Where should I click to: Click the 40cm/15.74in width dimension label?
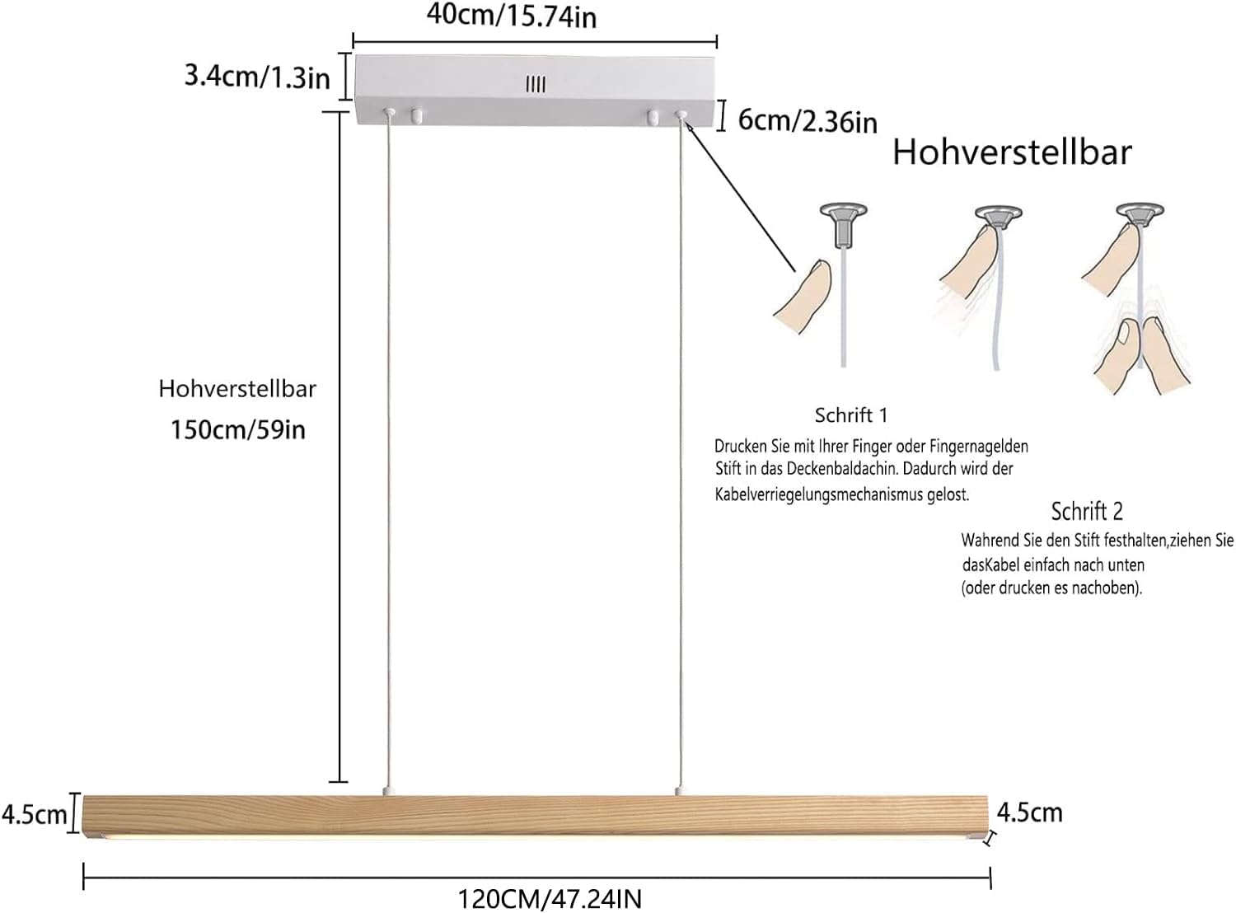(511, 16)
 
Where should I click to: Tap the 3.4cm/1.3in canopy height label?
(257, 77)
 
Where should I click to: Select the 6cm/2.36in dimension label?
(808, 120)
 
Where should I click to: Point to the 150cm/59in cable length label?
(238, 430)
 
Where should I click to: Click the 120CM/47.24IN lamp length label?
(550, 898)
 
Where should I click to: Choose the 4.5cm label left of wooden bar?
(34, 815)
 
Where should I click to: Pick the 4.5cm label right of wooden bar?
(1030, 812)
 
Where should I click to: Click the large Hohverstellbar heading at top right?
(1012, 152)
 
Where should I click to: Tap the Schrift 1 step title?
(851, 415)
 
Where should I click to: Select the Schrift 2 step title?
(1087, 511)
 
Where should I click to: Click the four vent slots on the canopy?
(536, 85)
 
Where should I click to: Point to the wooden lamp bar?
(535, 817)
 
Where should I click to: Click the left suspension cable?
(388, 452)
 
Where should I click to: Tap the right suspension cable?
(680, 452)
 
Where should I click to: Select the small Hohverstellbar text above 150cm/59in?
(237, 389)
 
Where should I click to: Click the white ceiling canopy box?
(535, 89)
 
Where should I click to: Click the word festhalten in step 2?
(1135, 540)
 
